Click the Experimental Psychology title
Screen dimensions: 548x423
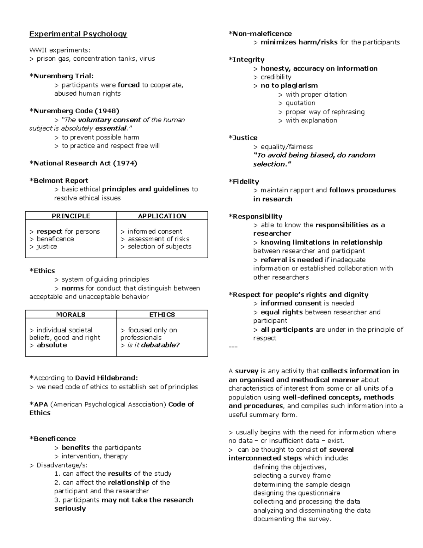78,34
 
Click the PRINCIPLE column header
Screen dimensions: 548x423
71,216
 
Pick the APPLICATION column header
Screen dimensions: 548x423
162,216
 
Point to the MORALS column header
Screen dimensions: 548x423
71,314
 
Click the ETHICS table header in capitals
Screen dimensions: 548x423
162,314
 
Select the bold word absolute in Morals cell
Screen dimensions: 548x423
52,345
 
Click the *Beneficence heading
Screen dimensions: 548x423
53,439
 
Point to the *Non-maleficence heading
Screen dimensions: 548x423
260,34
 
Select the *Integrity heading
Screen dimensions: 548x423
246,60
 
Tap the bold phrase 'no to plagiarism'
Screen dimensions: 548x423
289,85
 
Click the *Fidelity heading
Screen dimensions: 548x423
244,181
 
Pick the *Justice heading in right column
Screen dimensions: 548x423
243,138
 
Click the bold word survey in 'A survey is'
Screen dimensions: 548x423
247,371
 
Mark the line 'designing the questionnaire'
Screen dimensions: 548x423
292,493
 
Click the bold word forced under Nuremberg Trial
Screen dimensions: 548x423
129,85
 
